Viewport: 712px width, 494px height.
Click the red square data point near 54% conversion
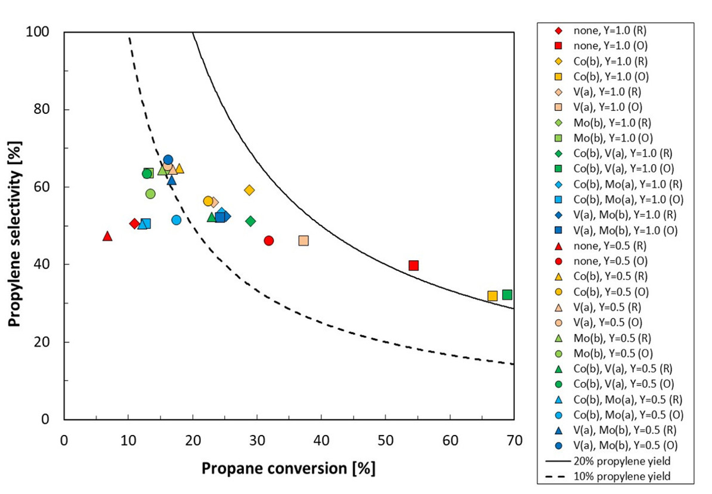tap(414, 265)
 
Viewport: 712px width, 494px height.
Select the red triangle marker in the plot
tap(107, 236)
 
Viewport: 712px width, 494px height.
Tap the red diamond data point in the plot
tap(135, 224)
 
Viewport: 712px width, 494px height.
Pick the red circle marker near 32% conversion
tap(269, 240)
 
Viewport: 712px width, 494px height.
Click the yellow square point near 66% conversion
tap(493, 296)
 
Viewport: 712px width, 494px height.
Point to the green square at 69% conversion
tap(507, 295)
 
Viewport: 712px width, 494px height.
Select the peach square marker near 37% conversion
tap(304, 240)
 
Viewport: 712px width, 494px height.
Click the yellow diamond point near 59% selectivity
tap(249, 190)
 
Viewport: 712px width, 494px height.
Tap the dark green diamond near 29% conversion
tap(250, 221)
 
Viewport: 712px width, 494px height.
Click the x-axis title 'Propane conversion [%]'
tap(289, 468)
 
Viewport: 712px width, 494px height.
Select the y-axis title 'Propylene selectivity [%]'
tap(16, 225)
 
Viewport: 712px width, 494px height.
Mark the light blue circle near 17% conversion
tap(177, 220)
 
